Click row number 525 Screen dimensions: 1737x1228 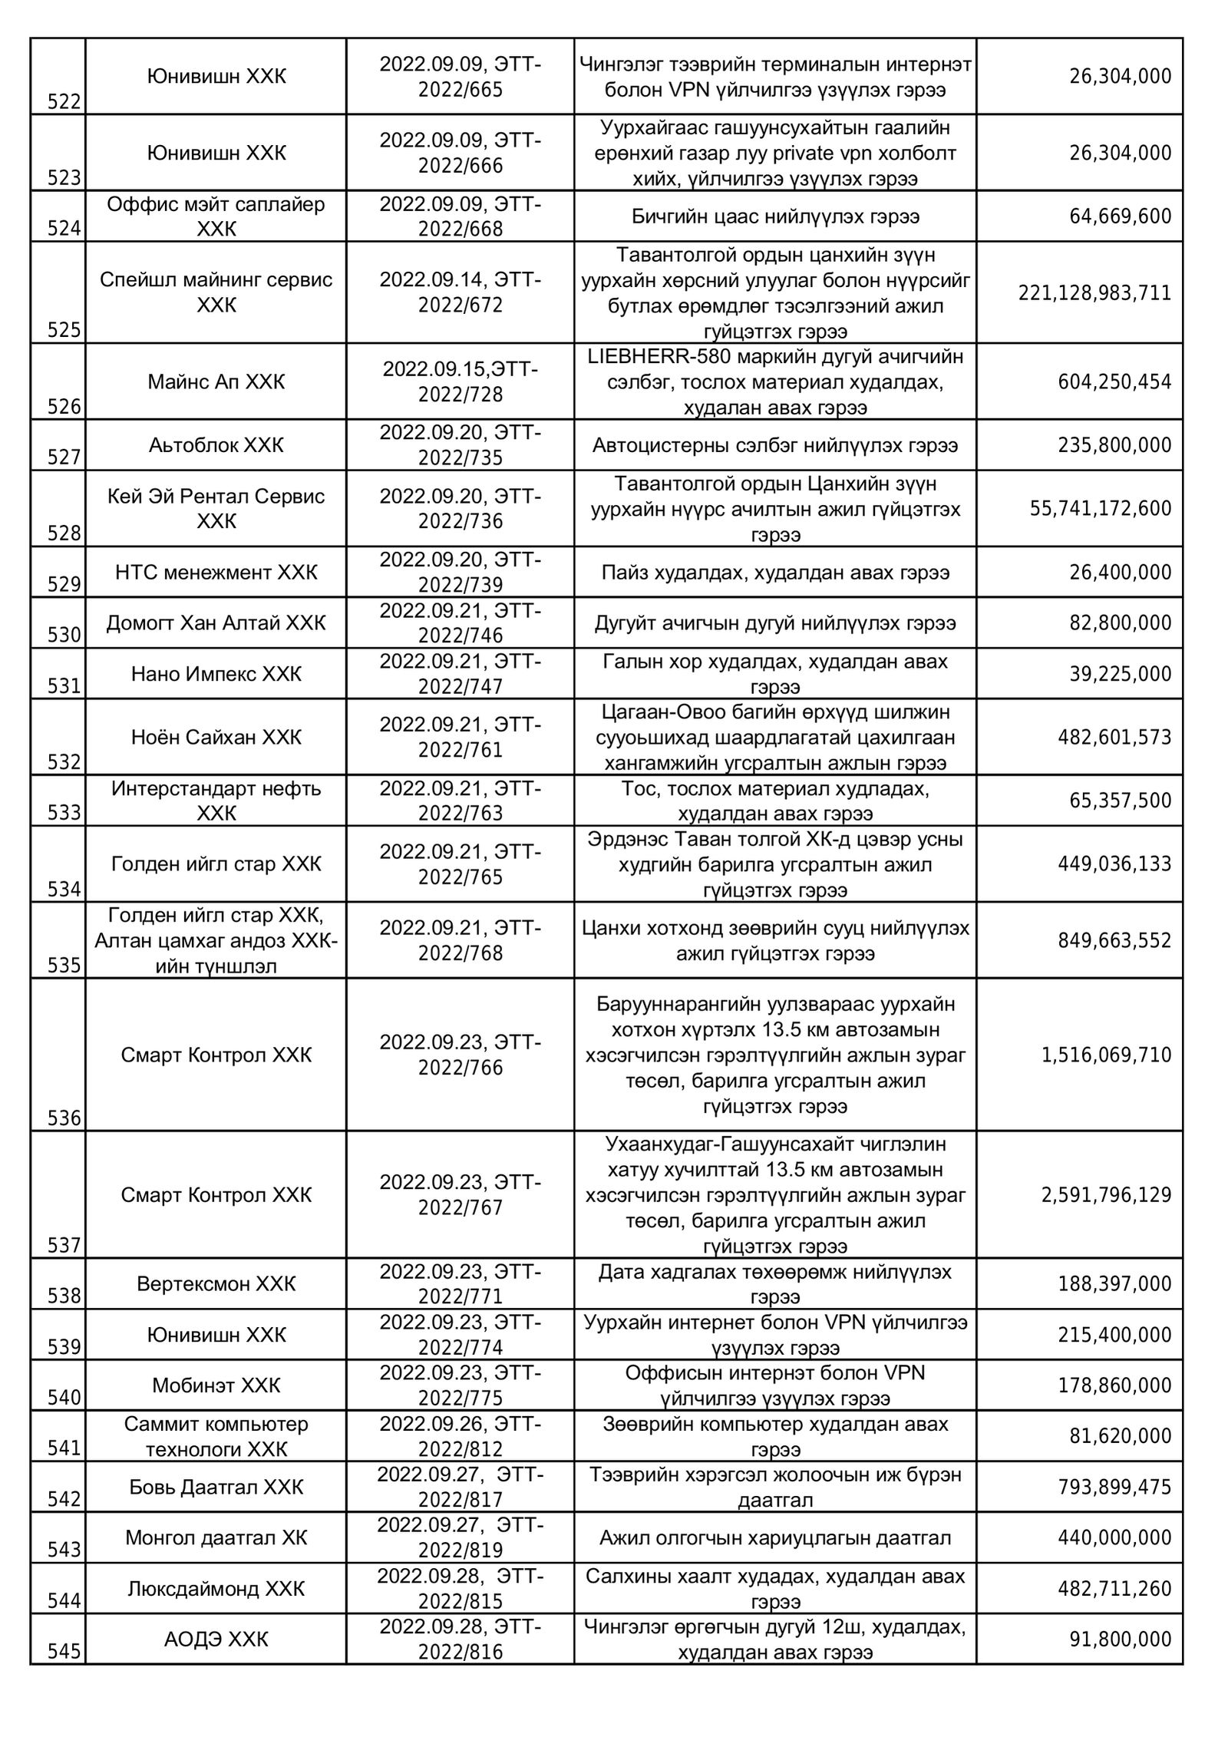click(x=64, y=330)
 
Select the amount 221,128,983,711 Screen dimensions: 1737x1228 click(x=1094, y=293)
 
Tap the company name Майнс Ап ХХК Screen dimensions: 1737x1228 click(x=216, y=381)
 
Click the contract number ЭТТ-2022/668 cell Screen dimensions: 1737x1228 click(x=460, y=216)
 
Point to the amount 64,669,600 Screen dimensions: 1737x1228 click(x=1121, y=216)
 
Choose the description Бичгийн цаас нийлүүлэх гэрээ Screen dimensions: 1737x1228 click(x=775, y=216)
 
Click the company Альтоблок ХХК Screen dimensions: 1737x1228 click(x=216, y=445)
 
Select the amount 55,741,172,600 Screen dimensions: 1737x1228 click(x=1101, y=508)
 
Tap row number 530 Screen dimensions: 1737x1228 click(x=64, y=635)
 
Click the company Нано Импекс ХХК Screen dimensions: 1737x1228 click(x=216, y=674)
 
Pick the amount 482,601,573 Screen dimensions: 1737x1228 click(x=1114, y=738)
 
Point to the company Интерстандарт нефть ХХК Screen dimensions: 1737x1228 click(x=216, y=801)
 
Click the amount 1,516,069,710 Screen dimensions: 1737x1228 click(x=1106, y=1055)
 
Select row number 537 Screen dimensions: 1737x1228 click(x=64, y=1245)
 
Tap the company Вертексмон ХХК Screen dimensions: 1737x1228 click(x=216, y=1284)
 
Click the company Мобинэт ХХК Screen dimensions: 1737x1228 click(x=216, y=1385)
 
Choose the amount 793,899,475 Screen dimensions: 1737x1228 click(x=1114, y=1488)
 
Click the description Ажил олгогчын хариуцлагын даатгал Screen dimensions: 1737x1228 click(x=775, y=1538)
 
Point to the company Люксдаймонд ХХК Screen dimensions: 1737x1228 click(x=216, y=1589)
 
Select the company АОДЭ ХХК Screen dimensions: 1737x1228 click(x=216, y=1640)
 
